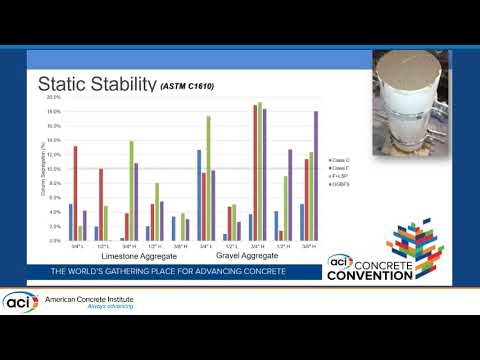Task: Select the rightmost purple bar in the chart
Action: [x=316, y=176]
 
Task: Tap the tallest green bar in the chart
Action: [x=260, y=171]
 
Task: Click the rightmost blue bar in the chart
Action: [x=301, y=222]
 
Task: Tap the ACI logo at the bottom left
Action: [x=20, y=301]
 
